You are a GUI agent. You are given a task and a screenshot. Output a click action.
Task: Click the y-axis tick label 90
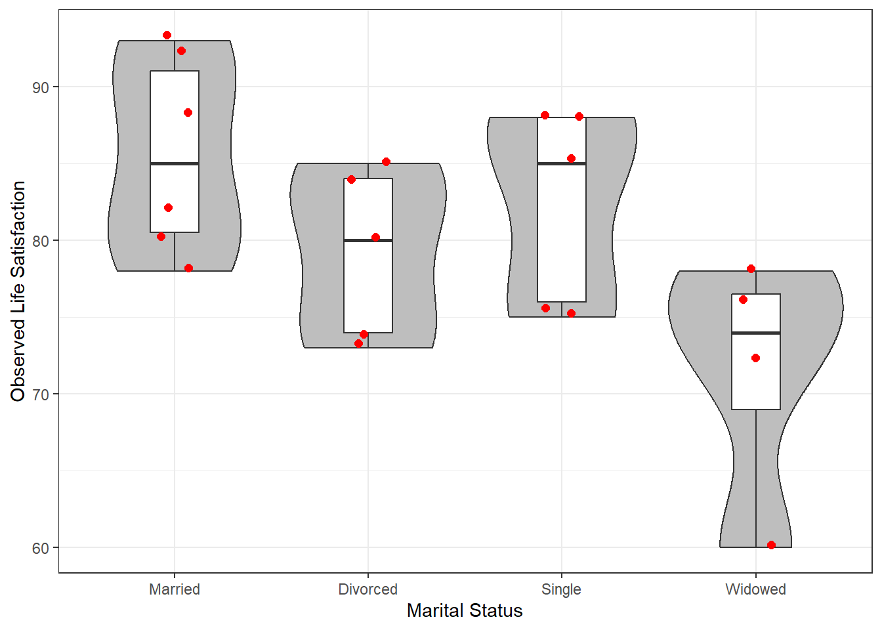pos(40,87)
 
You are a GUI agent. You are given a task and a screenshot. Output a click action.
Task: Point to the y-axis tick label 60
pos(40,548)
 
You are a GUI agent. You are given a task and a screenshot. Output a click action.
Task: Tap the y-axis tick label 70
pos(40,394)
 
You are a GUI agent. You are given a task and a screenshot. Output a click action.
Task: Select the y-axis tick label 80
pos(40,241)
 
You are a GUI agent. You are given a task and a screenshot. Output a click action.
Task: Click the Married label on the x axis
pos(175,589)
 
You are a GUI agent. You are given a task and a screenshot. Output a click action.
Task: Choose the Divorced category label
pos(367,589)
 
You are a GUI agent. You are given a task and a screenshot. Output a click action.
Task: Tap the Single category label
pos(561,590)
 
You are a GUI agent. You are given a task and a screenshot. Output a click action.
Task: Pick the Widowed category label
pos(755,589)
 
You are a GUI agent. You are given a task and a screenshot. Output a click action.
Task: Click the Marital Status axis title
pos(465,611)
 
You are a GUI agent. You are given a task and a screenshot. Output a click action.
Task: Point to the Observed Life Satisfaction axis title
pos(18,291)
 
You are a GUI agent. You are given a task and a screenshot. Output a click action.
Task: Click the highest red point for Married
pos(167,35)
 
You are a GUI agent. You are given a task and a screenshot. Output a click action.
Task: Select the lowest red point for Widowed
pos(771,545)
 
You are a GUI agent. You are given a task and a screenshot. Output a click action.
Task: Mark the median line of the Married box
pos(175,163)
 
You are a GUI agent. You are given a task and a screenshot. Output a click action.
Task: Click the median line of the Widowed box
pos(755,333)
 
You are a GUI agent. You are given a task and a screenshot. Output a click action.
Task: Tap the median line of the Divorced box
pos(368,240)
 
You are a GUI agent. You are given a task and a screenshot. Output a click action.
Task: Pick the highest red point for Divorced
pos(386,162)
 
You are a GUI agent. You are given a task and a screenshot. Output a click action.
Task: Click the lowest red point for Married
pos(188,268)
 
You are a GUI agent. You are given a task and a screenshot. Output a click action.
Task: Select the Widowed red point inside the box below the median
pos(755,358)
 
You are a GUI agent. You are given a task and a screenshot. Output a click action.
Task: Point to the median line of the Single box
pos(562,163)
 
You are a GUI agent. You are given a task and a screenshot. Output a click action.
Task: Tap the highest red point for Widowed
pos(751,269)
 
